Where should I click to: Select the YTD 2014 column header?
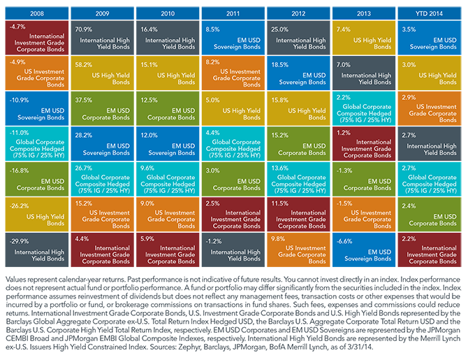pyautogui.click(x=429, y=12)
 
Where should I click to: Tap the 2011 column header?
pyautogui.click(x=233, y=12)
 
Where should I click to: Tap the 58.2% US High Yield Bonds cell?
pyautogui.click(x=103, y=73)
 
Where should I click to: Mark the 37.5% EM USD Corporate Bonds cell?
pyautogui.click(x=103, y=109)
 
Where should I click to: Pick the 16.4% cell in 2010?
pyautogui.click(x=168, y=37)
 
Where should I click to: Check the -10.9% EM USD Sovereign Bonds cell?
pyautogui.click(x=37, y=109)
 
